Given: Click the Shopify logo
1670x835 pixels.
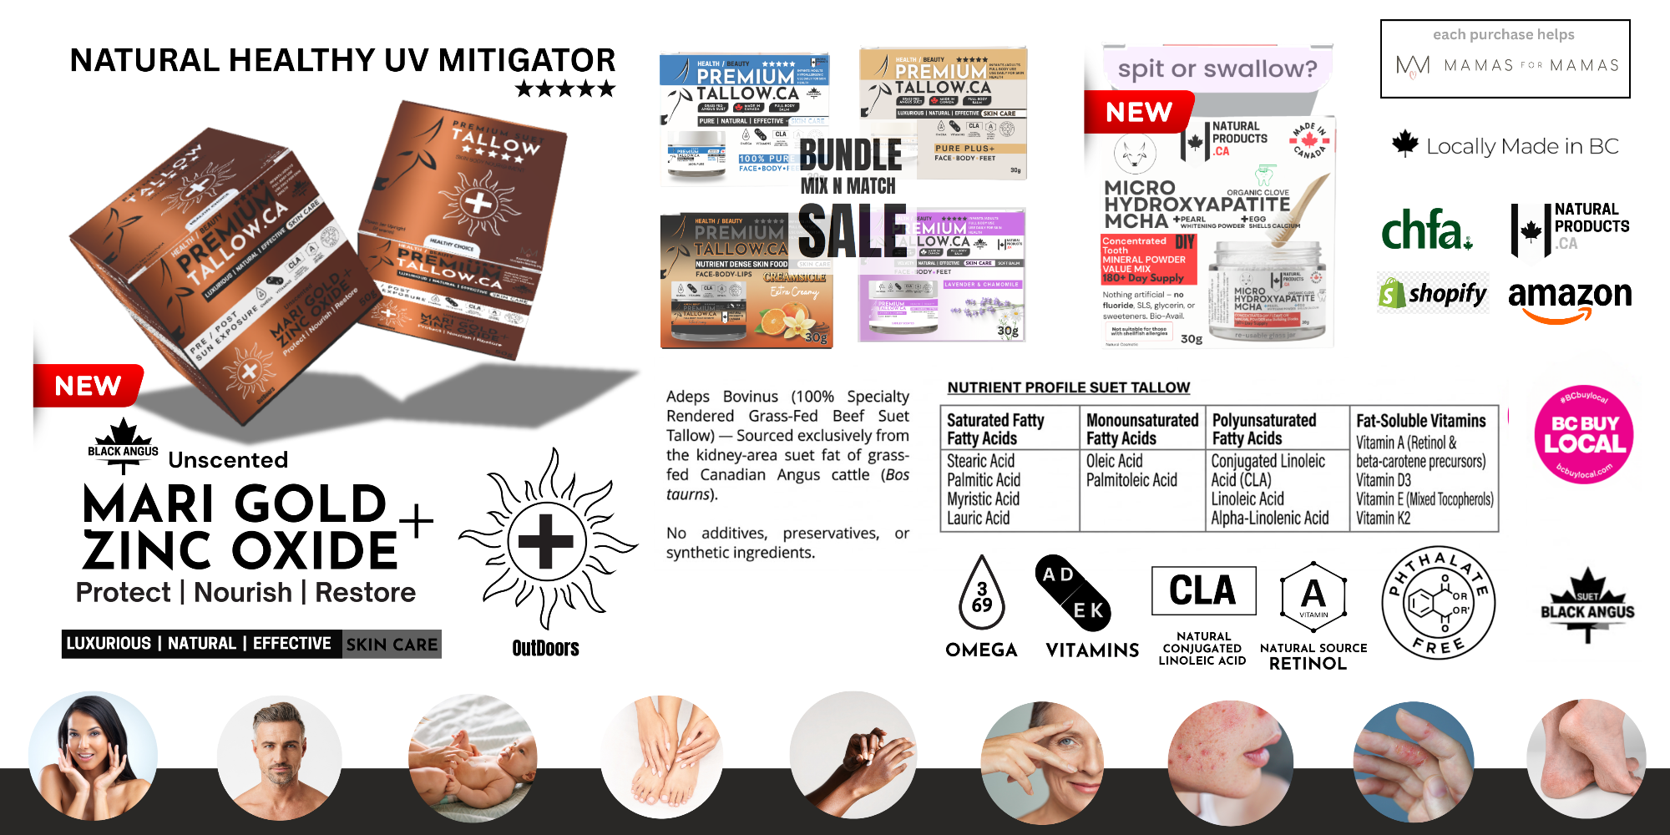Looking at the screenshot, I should pyautogui.click(x=1433, y=294).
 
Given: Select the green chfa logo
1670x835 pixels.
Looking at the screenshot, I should pyautogui.click(x=1426, y=230).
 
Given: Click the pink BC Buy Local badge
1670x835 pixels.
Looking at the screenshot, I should pyautogui.click(x=1583, y=434).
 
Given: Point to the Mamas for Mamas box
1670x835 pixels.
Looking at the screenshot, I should pyautogui.click(x=1505, y=58).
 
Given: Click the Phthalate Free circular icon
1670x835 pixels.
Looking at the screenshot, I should pyautogui.click(x=1438, y=603).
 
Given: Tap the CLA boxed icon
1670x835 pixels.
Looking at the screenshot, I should pyautogui.click(x=1203, y=590).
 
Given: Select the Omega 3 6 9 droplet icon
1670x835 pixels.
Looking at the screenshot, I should pyautogui.click(x=982, y=595).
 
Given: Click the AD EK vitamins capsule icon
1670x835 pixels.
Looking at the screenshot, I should pyautogui.click(x=1073, y=593).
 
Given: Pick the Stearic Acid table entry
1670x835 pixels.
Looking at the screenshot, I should pyautogui.click(x=980, y=461).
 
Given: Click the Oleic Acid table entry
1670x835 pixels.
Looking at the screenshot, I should pyautogui.click(x=1114, y=461).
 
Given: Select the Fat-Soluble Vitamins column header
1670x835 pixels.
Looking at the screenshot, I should pyautogui.click(x=1420, y=421).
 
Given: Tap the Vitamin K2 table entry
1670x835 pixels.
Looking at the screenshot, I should pyautogui.click(x=1383, y=518).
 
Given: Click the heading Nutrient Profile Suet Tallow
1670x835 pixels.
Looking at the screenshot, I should pyautogui.click(x=1068, y=387).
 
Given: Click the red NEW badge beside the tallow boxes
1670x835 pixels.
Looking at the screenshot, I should pyautogui.click(x=88, y=386).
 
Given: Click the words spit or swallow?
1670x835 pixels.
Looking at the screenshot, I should pyautogui.click(x=1217, y=68).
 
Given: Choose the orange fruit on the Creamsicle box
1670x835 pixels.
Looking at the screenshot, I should pyautogui.click(x=782, y=321).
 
